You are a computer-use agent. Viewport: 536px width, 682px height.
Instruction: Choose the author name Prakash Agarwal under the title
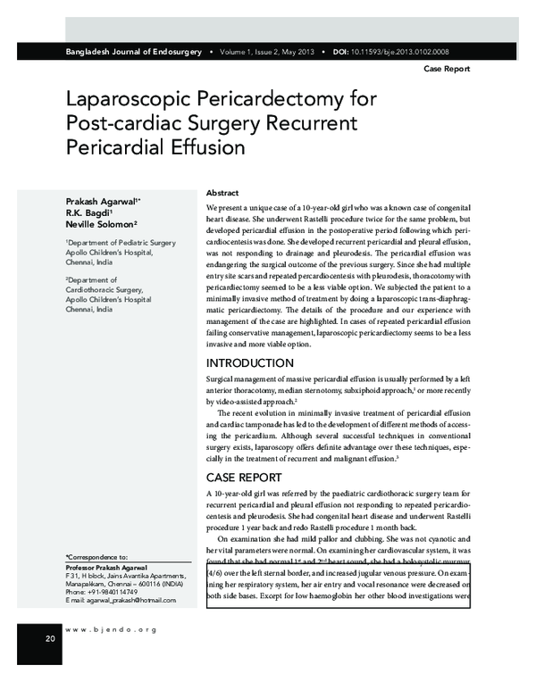tap(97, 195)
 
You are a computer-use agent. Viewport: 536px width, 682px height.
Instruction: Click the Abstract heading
tap(222, 193)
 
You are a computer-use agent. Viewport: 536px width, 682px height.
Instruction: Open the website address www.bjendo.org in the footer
tap(110, 630)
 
